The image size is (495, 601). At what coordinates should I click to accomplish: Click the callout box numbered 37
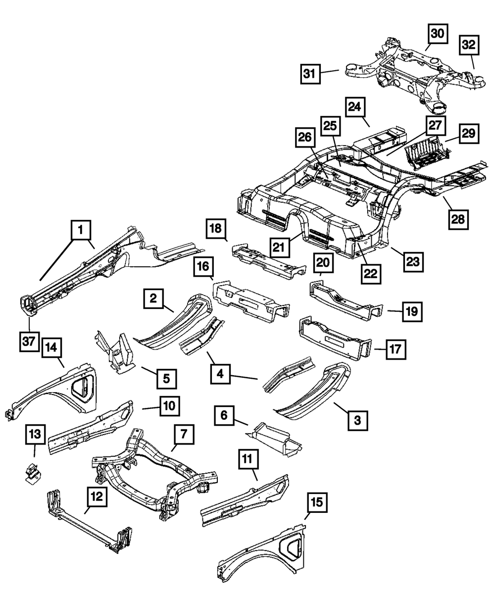tap(29, 342)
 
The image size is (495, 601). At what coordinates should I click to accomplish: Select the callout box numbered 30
tap(438, 34)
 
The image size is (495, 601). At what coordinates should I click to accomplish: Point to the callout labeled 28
tap(458, 220)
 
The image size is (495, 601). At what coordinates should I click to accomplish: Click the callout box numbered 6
tap(224, 415)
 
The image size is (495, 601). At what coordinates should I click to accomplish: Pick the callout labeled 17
tap(396, 350)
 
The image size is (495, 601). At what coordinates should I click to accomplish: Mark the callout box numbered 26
tap(305, 138)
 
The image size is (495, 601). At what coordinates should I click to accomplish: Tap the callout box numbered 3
tap(358, 420)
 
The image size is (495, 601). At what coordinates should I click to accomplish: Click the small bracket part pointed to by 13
tap(32, 473)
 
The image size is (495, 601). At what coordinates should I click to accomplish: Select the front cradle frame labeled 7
tap(154, 474)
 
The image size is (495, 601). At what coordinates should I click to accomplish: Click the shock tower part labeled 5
tap(115, 352)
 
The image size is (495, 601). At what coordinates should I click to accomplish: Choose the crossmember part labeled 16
tap(251, 300)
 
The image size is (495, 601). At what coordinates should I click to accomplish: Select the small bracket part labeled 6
tap(273, 440)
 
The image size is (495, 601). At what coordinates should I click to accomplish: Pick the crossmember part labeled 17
tap(336, 339)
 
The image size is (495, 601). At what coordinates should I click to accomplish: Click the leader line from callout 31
tap(330, 72)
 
